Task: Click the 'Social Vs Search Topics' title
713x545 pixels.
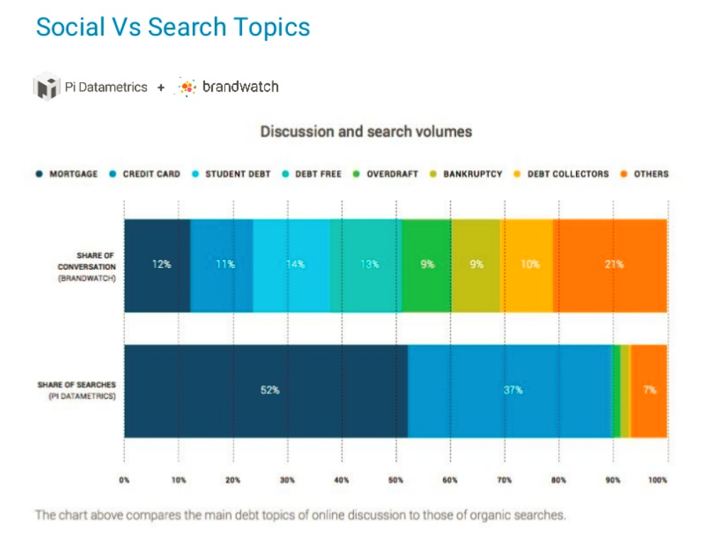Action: tap(172, 27)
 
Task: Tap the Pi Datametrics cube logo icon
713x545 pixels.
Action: tap(47, 87)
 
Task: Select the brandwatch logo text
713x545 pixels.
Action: tap(240, 87)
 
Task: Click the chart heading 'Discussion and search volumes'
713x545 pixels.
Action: tap(366, 132)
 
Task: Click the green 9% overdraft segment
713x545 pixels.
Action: tap(427, 265)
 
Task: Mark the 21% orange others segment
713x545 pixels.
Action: tap(610, 265)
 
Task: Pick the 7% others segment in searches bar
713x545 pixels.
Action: tap(649, 391)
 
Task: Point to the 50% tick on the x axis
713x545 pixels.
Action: tap(396, 480)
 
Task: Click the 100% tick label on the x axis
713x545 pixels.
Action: tap(658, 480)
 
